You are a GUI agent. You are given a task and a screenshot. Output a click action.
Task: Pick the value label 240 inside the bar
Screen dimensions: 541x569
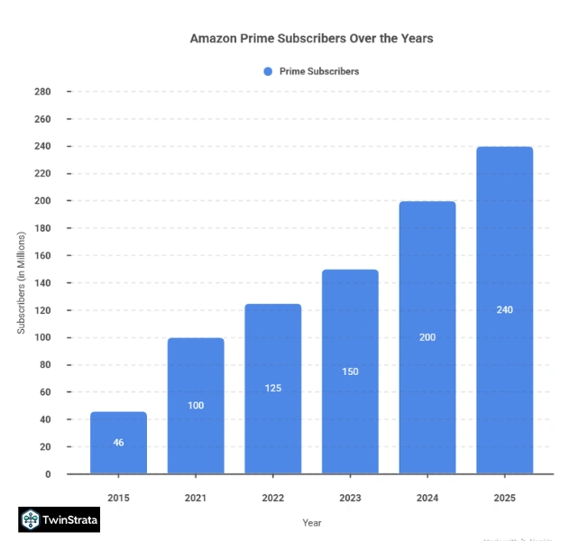505,310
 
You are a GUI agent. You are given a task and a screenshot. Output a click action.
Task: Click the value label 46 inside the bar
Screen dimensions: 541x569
118,443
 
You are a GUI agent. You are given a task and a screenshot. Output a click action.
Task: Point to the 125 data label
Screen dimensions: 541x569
273,389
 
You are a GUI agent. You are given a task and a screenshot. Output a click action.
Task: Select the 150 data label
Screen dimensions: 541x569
350,371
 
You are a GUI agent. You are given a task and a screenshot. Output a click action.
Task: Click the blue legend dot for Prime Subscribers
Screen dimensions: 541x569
267,71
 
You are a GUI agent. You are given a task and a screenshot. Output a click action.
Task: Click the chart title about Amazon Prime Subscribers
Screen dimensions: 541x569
311,40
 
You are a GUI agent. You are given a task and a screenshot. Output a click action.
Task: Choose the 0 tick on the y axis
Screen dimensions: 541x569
47,474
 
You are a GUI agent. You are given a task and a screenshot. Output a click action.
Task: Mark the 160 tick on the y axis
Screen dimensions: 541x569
42,256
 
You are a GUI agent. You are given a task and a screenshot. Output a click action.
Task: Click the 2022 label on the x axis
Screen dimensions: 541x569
273,497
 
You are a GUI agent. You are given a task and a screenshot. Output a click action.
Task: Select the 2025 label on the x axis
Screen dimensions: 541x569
505,497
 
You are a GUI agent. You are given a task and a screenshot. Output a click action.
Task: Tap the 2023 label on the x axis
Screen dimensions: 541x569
350,497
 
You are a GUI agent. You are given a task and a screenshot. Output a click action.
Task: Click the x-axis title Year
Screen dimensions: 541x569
311,522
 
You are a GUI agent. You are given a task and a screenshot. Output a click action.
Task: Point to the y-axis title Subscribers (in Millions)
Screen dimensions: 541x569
22,283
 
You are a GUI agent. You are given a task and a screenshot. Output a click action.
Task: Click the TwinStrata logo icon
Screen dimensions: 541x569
32,519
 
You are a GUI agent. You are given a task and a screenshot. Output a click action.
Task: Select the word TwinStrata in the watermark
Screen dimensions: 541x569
71,519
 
